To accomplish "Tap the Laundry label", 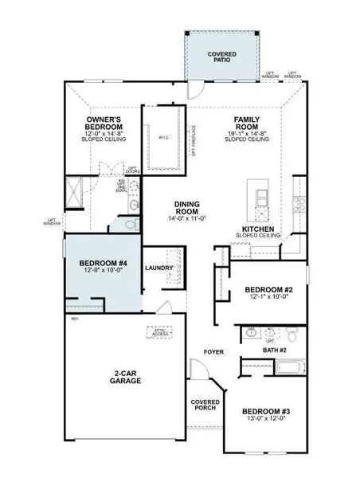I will [x=159, y=268].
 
